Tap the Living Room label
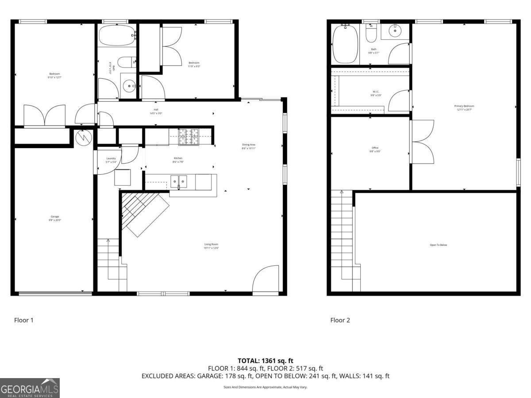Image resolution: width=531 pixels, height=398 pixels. click(x=211, y=246)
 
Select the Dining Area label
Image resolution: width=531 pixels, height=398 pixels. click(x=249, y=146)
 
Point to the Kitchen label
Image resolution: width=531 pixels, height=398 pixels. click(x=178, y=160)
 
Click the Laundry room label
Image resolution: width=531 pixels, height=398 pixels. click(x=111, y=160)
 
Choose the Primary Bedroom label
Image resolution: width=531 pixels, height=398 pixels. click(x=464, y=107)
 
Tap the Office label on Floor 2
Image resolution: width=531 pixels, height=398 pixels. click(x=375, y=149)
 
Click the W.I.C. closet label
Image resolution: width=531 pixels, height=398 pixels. click(x=376, y=93)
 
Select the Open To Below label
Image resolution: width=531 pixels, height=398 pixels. click(x=438, y=245)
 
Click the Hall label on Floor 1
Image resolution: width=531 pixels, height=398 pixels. click(x=156, y=111)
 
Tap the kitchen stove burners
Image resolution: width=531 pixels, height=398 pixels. click(x=189, y=137)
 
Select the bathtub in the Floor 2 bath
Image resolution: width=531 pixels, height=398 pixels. click(x=345, y=44)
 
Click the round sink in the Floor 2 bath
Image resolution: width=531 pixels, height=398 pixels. click(x=395, y=31)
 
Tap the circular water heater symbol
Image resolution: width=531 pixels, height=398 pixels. click(x=83, y=138)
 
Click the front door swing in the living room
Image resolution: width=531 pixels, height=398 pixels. click(x=265, y=279)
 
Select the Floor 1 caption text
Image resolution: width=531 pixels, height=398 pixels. click(x=24, y=320)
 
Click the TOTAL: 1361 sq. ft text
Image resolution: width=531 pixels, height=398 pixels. click(x=265, y=361)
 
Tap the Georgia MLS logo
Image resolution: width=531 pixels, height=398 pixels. click(x=30, y=388)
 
